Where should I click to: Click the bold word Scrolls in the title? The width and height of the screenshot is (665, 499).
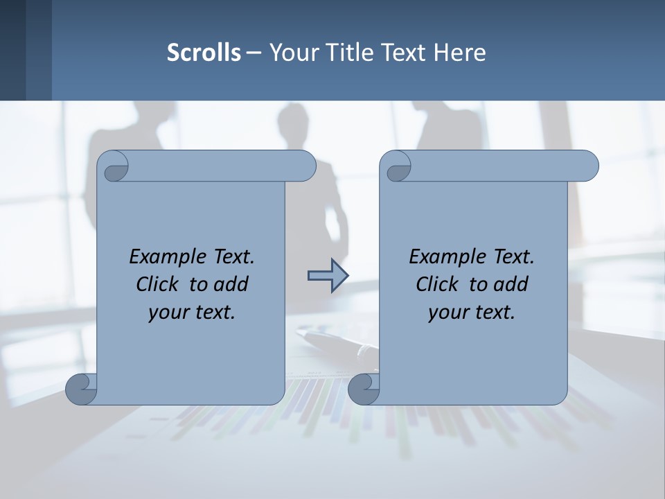click(x=204, y=52)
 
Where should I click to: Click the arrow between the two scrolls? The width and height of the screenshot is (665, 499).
click(x=328, y=276)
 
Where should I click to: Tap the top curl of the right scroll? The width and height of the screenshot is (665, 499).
click(x=396, y=167)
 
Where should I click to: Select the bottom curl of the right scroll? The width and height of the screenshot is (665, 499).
click(x=364, y=389)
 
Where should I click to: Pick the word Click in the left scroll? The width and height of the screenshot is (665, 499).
click(x=159, y=284)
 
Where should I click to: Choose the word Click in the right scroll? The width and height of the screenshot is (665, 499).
click(x=436, y=284)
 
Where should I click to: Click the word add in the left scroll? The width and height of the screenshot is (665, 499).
click(x=231, y=284)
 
